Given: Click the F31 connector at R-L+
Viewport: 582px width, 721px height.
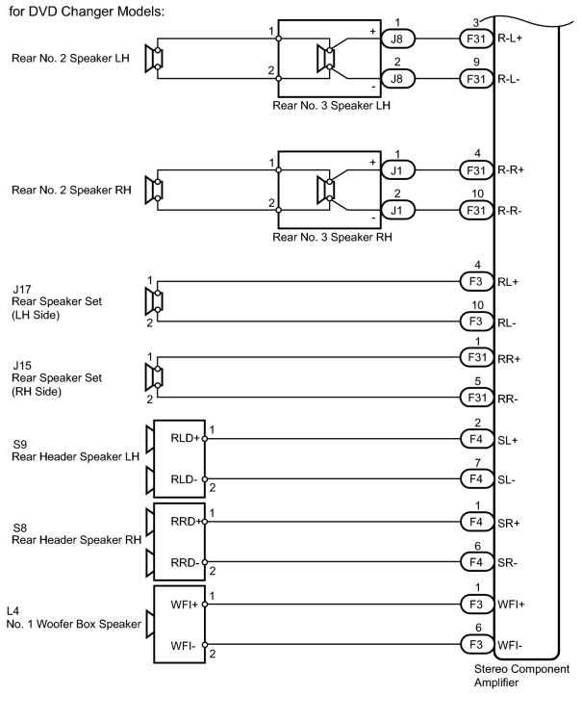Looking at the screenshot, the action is point(476,39).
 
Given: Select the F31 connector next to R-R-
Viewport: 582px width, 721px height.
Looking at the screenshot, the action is point(476,211).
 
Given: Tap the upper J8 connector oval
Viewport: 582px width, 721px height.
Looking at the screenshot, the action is point(398,39).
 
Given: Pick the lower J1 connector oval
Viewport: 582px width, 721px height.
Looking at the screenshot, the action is point(398,211).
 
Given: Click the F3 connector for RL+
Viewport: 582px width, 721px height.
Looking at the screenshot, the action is point(476,281).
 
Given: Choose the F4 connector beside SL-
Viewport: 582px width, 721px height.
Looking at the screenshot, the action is point(476,479).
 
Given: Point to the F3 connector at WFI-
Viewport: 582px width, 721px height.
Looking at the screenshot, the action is point(476,645).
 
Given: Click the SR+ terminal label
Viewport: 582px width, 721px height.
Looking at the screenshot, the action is point(509,524).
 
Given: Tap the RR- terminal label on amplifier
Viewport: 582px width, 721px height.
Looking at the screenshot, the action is point(508,399).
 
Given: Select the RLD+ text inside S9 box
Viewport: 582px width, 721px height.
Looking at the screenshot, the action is point(185,438).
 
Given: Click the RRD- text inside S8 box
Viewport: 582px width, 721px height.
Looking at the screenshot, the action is point(185,563).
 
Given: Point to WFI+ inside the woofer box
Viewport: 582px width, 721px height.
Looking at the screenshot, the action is point(184,605).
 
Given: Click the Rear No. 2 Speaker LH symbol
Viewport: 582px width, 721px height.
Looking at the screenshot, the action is point(154,59).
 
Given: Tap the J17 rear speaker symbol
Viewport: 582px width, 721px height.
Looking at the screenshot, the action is point(154,301).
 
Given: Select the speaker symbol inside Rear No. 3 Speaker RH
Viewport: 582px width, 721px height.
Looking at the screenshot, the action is point(326,190).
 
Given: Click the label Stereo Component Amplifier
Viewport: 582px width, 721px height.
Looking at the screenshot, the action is point(521,676).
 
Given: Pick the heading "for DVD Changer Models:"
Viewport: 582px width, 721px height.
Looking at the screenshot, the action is point(87,12).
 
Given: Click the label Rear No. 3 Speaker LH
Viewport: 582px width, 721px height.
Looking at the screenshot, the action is point(331,106).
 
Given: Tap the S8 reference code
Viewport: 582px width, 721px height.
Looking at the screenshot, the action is point(20,528).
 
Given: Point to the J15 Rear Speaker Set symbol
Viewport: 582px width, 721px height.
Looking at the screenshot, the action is point(154,377).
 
